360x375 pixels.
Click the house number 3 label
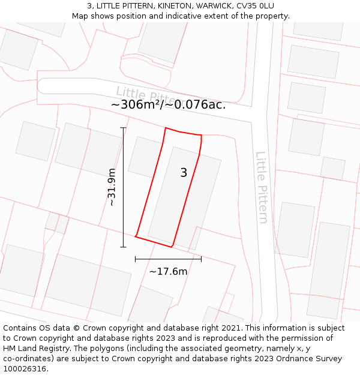point(184,173)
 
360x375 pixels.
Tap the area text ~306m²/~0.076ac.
point(169,104)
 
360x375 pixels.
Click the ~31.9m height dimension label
point(112,187)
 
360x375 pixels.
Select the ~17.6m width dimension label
point(169,271)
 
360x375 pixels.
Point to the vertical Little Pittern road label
point(262,187)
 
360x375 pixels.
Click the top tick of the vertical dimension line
point(124,128)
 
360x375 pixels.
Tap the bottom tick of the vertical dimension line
point(124,247)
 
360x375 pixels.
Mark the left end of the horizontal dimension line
point(136,259)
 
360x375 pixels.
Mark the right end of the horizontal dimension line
point(201,259)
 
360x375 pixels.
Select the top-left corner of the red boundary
point(165,128)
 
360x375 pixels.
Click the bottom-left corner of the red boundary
point(136,236)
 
